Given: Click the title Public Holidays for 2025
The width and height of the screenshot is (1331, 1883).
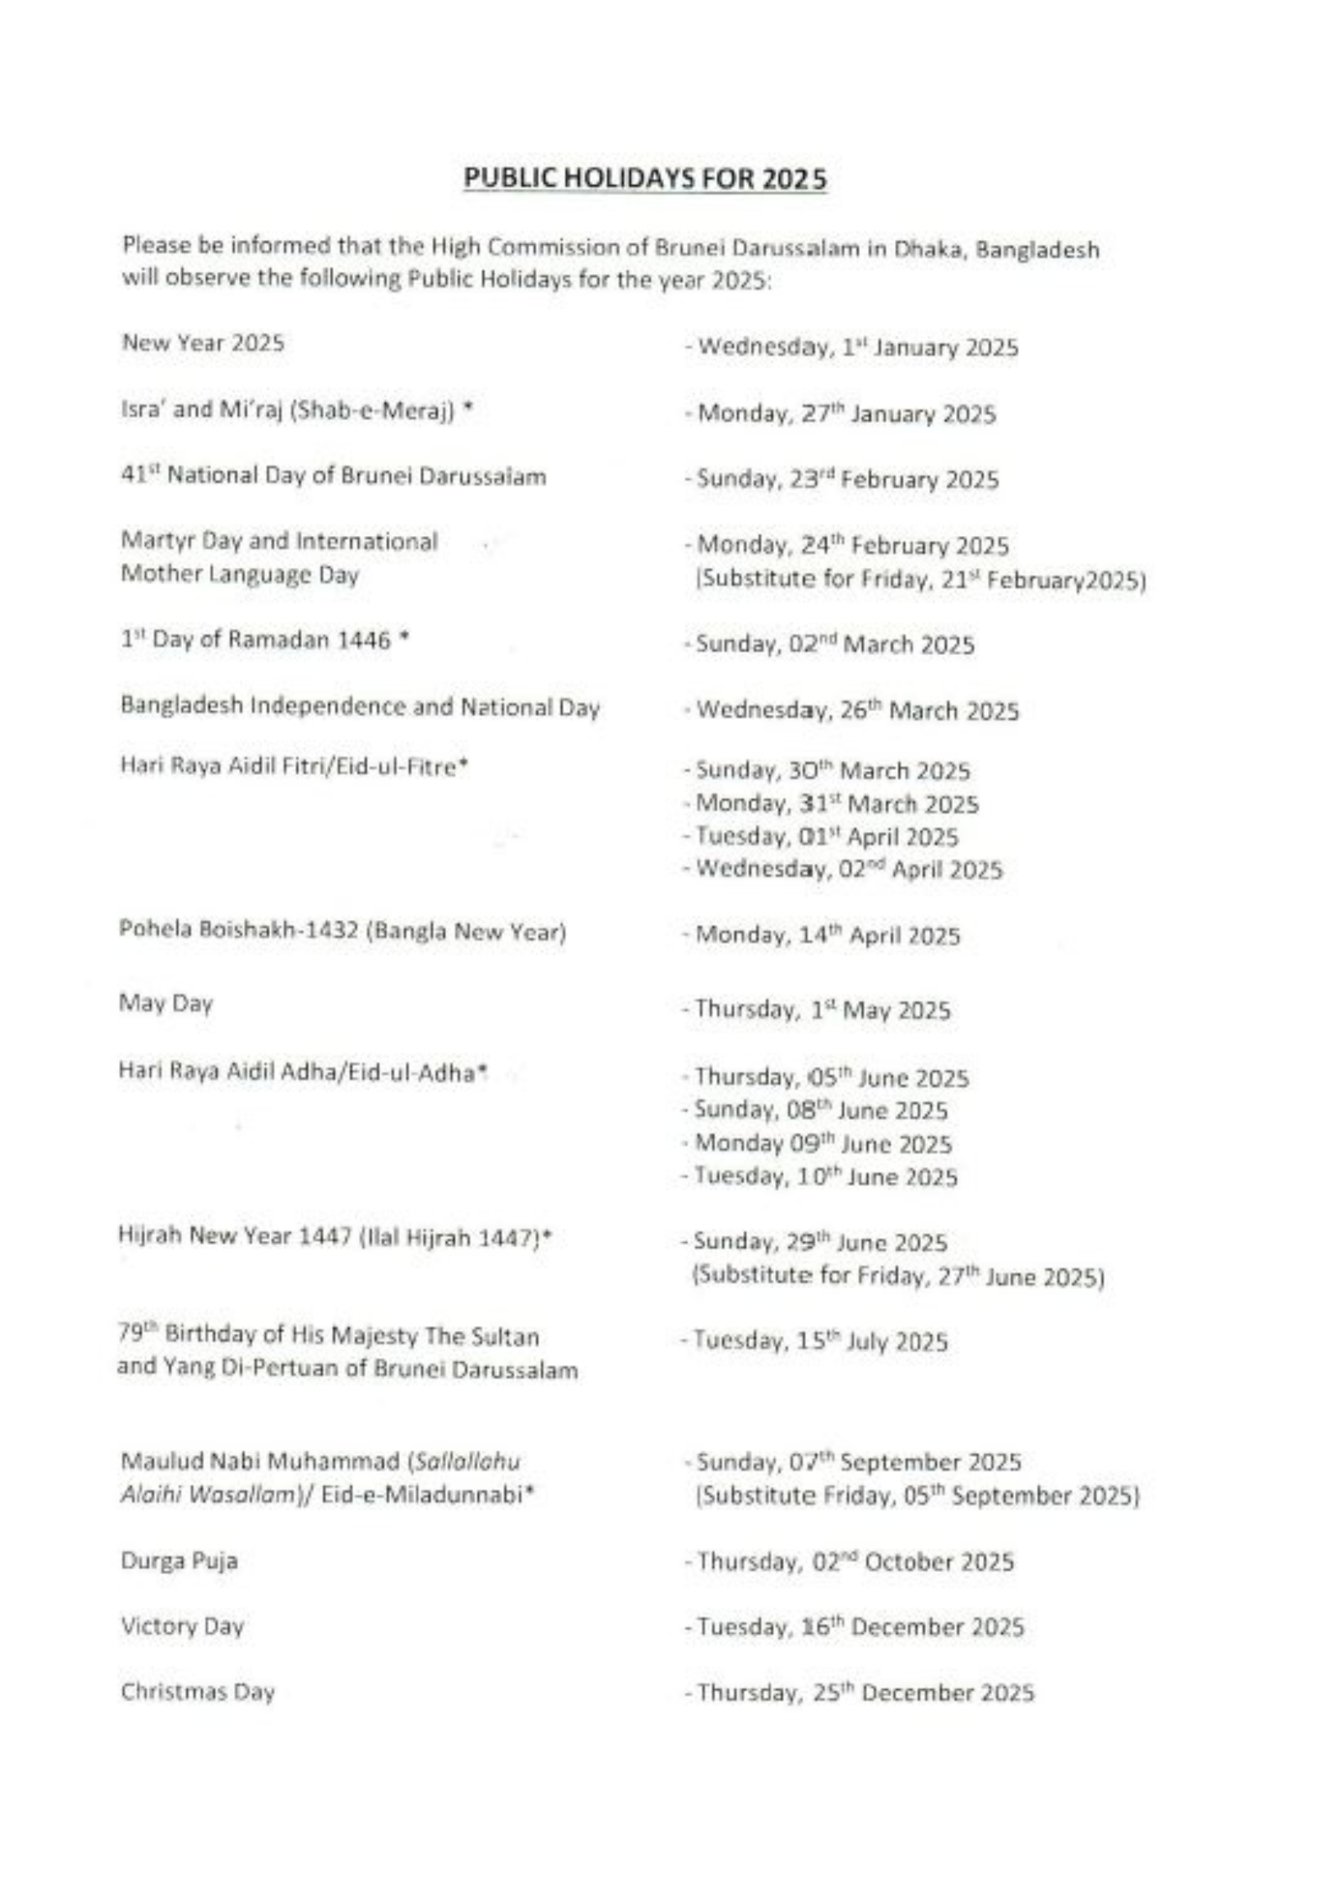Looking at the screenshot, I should point(644,179).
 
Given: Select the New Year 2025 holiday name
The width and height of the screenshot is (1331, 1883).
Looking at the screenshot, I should point(203,343).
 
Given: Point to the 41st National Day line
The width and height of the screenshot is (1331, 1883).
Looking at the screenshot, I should point(333,477).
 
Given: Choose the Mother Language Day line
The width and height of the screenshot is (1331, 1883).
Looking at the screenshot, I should point(240,575).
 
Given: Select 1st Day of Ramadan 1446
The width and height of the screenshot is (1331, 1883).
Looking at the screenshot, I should point(264,641).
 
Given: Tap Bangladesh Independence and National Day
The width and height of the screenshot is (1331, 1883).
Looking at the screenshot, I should point(360,708).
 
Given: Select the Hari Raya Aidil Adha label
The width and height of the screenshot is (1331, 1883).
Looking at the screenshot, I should point(304,1072).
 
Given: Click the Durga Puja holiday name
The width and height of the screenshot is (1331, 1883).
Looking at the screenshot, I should point(179,1561).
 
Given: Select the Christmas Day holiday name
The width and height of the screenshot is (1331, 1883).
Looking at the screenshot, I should point(198,1692).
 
